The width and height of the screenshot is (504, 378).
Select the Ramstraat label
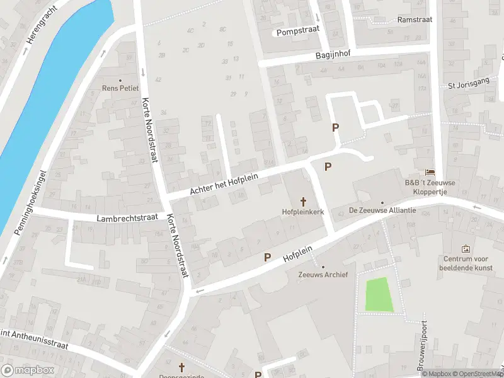pos(414,20)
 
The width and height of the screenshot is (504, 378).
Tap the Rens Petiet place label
pos(120,88)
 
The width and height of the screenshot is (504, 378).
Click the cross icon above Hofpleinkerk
pos(304,202)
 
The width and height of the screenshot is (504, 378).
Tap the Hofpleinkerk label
pos(303,212)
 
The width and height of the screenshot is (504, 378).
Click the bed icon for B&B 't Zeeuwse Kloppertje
pos(430,172)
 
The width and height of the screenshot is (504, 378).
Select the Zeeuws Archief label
pos(322,275)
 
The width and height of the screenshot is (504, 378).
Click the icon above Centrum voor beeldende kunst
pos(466,249)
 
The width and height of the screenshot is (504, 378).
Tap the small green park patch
pos(379,294)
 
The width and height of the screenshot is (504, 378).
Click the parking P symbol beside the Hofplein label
pos(268,257)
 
